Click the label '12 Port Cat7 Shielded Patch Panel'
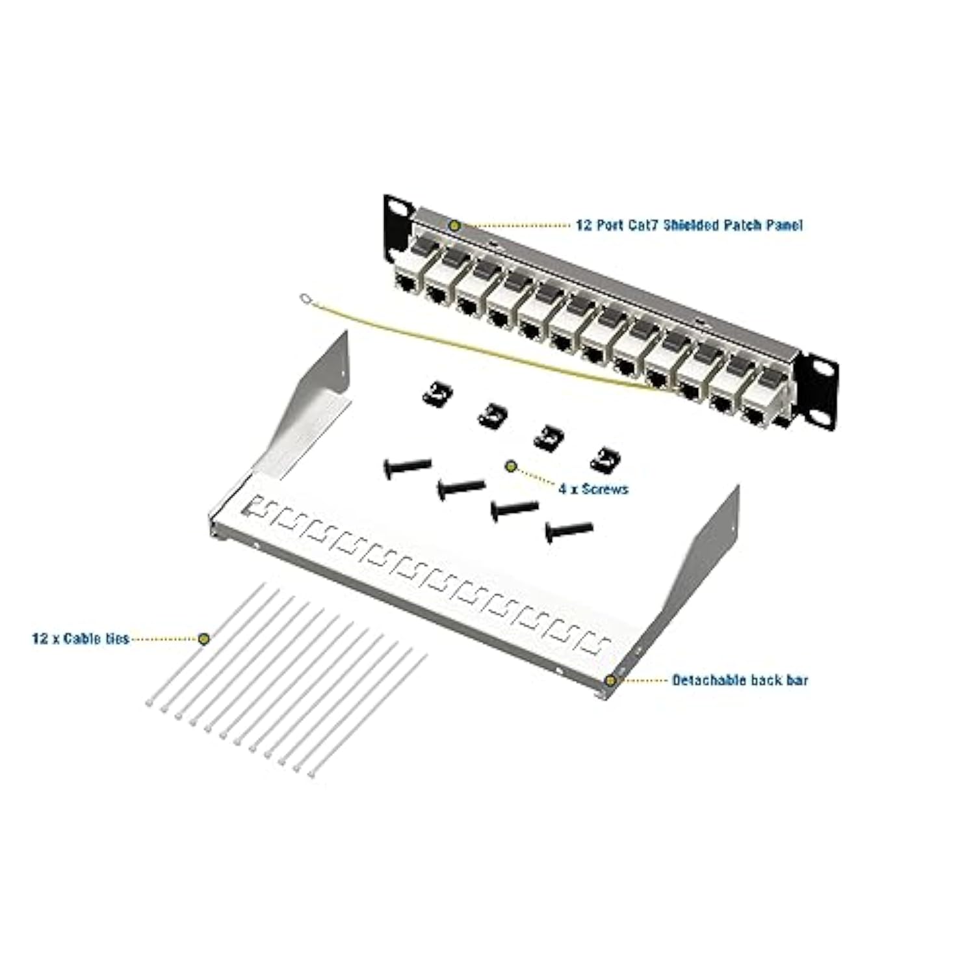689,225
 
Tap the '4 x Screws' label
593,489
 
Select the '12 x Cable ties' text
81,639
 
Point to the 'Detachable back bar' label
740,681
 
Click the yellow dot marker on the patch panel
455,226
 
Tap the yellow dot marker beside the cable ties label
204,639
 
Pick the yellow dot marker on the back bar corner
610,681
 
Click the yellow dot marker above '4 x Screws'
511,466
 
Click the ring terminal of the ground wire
305,299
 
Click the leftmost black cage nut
437,394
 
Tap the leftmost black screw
406,467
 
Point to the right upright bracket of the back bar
715,552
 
